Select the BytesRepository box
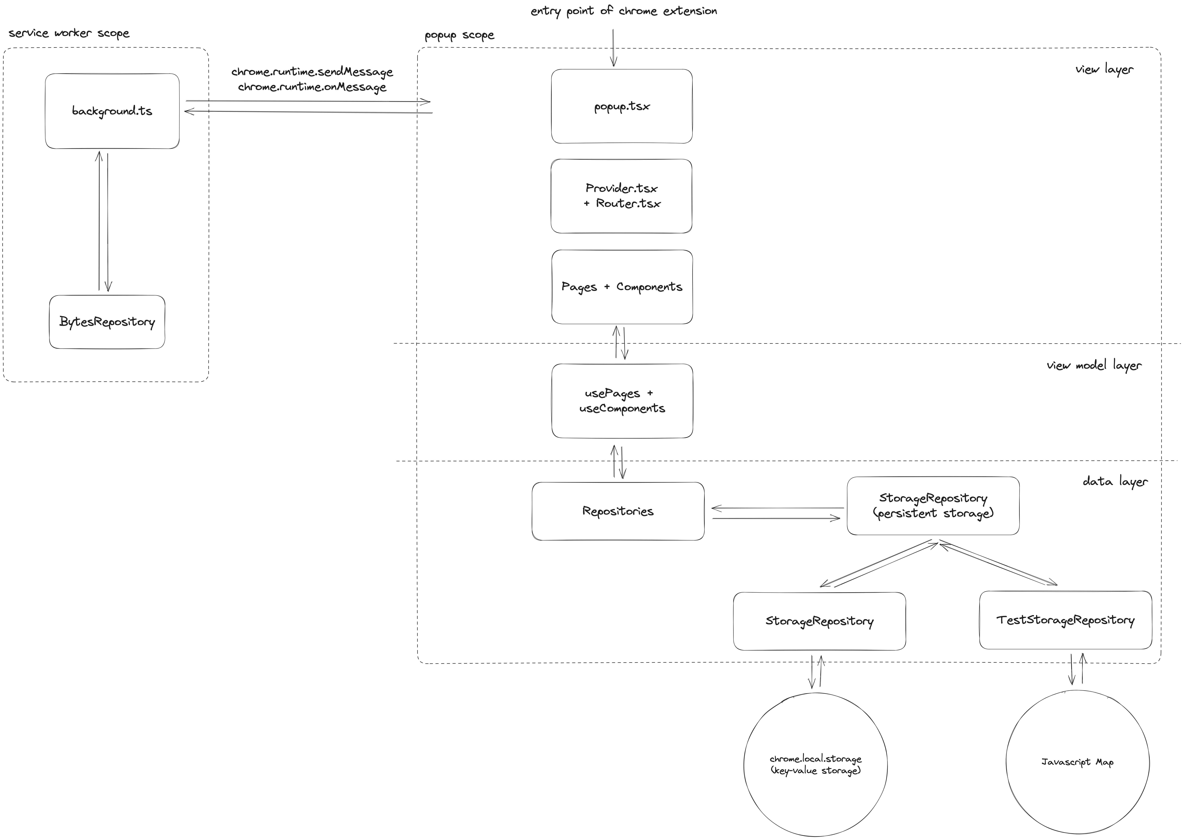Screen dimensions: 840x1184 [107, 322]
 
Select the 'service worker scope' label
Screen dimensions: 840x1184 [69, 33]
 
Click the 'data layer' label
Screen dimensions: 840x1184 [1115, 482]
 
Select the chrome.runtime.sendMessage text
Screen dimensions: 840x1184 [312, 72]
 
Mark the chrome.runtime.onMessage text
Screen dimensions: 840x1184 [312, 87]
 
